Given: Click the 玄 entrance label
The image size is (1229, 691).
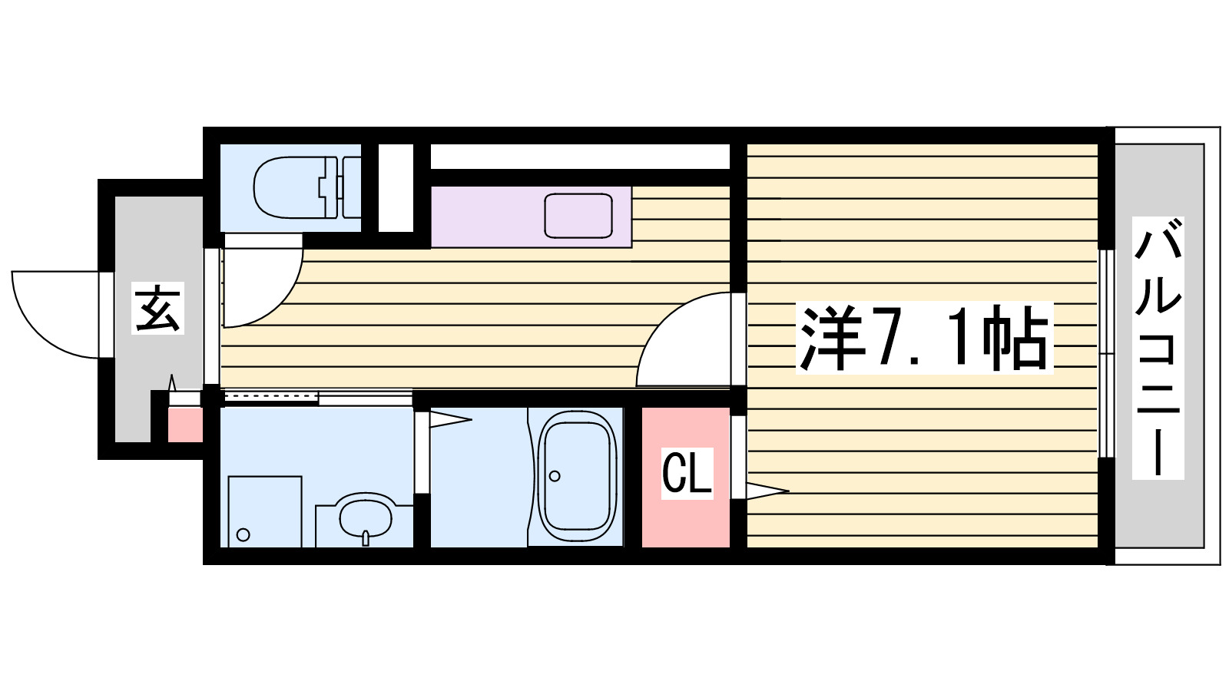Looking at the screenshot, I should pos(158,309).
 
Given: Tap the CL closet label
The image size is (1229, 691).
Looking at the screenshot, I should pos(687,473).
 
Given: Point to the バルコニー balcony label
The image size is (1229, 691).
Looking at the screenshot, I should pos(1158,348).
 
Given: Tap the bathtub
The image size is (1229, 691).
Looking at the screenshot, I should pos(577,476).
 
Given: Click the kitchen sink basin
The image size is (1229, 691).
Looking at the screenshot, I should pos(578,216).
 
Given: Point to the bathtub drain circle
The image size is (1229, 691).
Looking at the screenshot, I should pos(555,476).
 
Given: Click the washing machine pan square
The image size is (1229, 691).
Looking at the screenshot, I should pos(264,511).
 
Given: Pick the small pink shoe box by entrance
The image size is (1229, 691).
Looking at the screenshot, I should pos(185,425).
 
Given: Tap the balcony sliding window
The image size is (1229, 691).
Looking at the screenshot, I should pos(1105,353).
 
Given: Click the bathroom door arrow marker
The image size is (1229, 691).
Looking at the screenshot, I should pos(449,419).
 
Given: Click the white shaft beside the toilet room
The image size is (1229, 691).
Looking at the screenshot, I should pos(396,187).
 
